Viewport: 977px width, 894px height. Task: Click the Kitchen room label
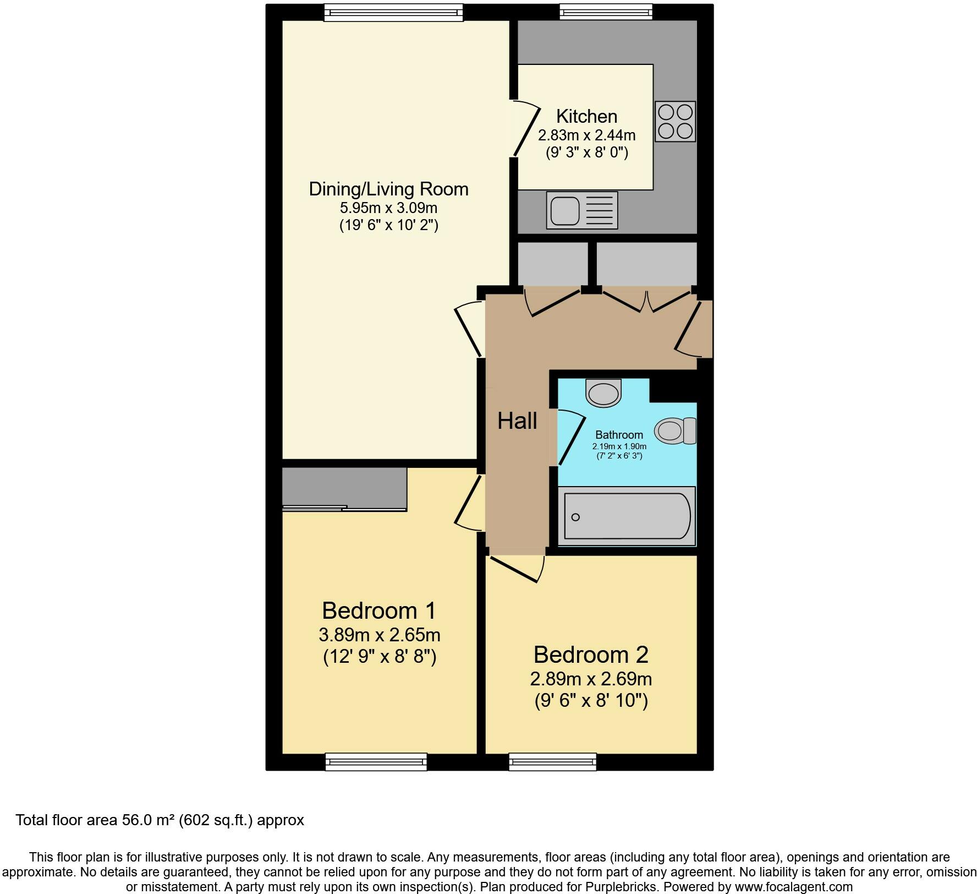(586, 116)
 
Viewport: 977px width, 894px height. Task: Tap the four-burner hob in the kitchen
(676, 122)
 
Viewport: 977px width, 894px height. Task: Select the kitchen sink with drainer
(582, 210)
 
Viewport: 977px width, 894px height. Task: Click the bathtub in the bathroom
(627, 516)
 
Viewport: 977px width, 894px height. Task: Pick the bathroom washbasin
(603, 393)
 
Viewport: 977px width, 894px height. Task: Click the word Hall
(517, 421)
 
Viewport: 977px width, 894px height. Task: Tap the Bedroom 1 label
(379, 610)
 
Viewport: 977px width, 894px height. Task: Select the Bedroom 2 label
(591, 655)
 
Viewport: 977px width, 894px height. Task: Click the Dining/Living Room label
(388, 189)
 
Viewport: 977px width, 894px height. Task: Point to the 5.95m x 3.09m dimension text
(388, 208)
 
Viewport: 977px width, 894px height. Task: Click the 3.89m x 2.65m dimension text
(380, 635)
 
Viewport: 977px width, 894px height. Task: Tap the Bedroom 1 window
(376, 761)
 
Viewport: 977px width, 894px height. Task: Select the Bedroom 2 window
(553, 761)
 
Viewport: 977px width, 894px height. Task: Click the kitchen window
(606, 12)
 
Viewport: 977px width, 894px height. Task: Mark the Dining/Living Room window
(393, 12)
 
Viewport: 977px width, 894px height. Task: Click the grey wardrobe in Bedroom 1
(344, 489)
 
